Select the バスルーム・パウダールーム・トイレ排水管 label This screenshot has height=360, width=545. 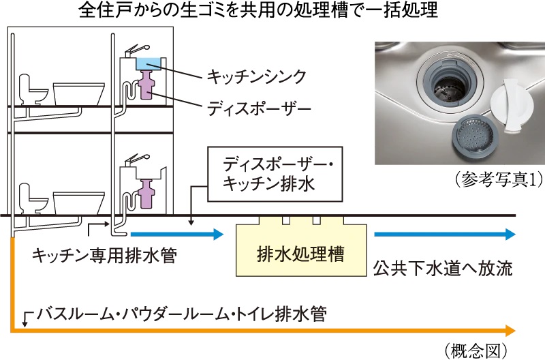pos(183,314)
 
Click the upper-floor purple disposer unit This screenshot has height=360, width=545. pos(147,89)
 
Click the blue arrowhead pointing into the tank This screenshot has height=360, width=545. pos(217,235)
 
